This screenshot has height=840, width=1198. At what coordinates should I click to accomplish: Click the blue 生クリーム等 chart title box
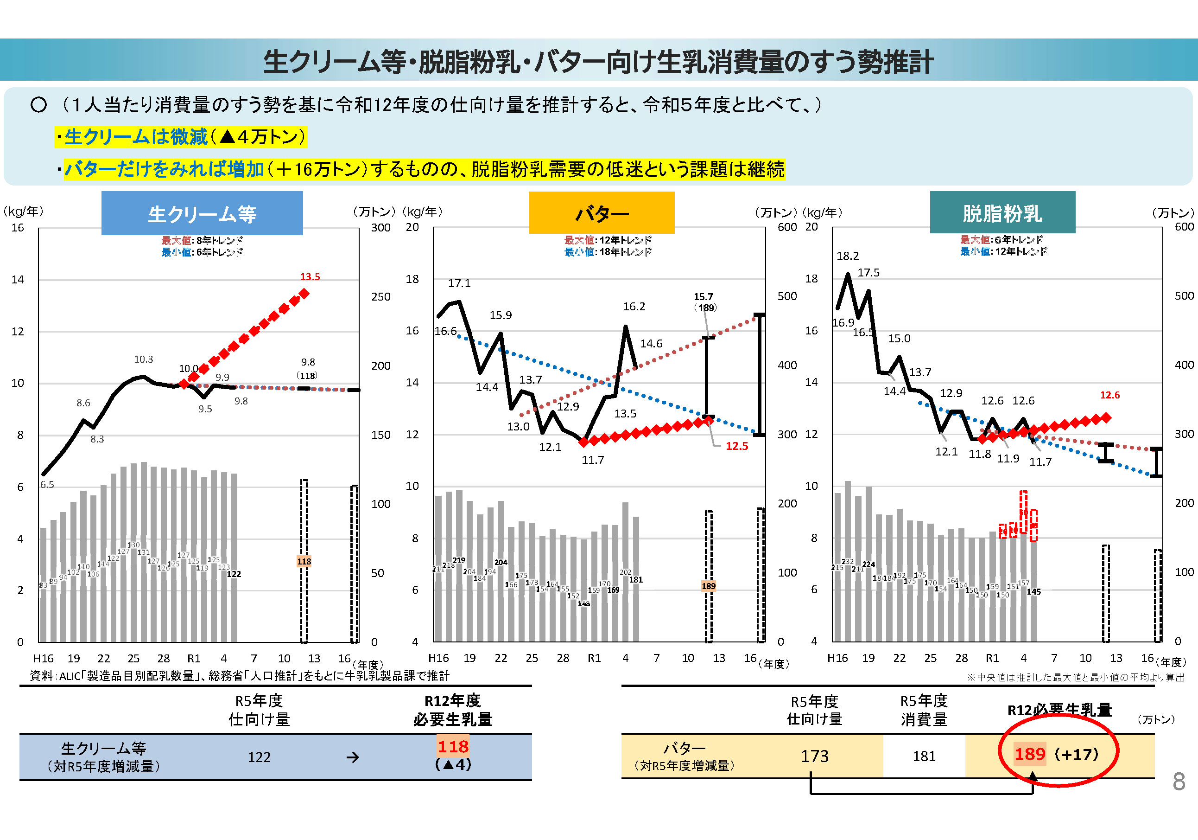202,213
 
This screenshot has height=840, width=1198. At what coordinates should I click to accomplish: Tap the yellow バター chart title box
602,213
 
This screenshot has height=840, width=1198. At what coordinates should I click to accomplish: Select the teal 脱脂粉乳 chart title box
1002,213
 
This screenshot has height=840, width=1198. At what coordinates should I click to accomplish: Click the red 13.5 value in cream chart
310,277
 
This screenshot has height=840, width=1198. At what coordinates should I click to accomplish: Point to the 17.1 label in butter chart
459,283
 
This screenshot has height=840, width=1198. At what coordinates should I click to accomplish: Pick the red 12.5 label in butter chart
737,446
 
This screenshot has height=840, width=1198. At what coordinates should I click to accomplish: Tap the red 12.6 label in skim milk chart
1110,395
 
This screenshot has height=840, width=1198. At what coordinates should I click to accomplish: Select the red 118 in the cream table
453,747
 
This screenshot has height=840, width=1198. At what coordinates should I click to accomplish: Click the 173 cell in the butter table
814,756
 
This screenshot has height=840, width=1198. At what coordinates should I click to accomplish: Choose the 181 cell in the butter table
924,756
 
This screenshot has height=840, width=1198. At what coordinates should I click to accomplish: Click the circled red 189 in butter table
1029,754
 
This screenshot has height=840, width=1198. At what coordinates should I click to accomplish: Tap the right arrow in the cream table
353,757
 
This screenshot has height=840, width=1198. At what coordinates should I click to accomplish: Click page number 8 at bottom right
1179,782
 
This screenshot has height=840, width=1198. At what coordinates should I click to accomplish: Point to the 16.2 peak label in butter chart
634,307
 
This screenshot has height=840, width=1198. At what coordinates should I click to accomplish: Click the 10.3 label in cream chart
144,359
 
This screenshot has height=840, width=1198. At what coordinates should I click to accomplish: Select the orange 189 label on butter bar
709,586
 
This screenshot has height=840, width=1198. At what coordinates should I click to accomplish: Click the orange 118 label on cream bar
304,561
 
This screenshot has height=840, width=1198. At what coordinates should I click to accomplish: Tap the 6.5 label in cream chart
47,485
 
